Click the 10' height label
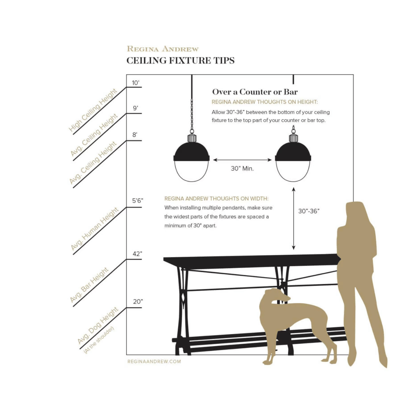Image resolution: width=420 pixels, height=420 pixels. coord(136,83)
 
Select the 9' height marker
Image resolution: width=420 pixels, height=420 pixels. coord(136,108)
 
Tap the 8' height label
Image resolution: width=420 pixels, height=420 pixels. coord(135,135)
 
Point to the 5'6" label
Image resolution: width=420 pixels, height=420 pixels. coord(137,200)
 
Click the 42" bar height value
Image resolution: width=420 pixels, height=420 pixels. coord(137,254)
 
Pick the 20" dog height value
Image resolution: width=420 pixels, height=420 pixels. coord(138,302)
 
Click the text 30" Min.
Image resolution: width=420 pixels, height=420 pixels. coord(242,169)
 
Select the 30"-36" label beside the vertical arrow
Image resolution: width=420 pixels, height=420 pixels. coord(309,211)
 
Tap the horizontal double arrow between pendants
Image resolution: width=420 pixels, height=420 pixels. coord(242,160)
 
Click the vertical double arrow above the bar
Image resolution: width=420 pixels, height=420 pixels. coord(293,218)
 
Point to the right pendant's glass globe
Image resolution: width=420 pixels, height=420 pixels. coord(293,171)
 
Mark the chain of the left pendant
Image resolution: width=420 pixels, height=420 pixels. coord(192,116)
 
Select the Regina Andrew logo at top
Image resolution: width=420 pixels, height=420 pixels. coord(163,49)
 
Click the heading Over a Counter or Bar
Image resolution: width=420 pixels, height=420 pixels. coord(255,92)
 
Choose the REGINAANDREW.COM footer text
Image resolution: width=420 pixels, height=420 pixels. coord(154,361)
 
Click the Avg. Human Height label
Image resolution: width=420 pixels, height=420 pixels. coord(95,229)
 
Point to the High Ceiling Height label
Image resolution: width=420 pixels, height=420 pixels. coord(93,110)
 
